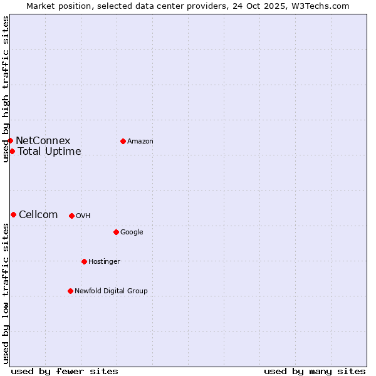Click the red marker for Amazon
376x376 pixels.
pos(123,141)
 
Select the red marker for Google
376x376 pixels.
pos(116,232)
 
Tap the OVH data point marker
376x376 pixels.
pos(71,216)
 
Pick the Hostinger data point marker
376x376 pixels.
pos(84,261)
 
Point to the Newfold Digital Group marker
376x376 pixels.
pos(70,291)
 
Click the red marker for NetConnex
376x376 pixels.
pos(11,140)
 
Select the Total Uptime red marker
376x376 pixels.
pos(12,151)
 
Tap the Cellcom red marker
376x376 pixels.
pos(13,214)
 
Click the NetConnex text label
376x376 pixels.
pos(43,140)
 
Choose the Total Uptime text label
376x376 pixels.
pos(49,151)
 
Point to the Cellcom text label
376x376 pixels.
pos(38,214)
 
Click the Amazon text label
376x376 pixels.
pos(140,141)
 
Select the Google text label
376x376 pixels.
pos(132,232)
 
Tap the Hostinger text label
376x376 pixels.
pos(104,261)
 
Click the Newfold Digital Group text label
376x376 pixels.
pos(111,291)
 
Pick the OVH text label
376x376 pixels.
pos(83,216)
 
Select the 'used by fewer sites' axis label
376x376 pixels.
pos(65,371)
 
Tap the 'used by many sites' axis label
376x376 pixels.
pos(315,371)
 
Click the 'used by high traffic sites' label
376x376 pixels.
pos(6,89)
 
